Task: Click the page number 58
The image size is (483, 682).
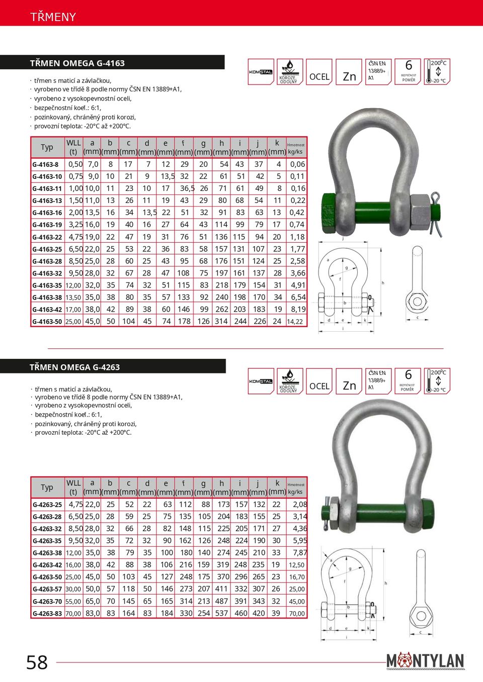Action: (x=37, y=662)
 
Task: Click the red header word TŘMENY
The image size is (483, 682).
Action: (x=53, y=17)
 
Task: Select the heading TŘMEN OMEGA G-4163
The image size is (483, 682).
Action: (x=77, y=63)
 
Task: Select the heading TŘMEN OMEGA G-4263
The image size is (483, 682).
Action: (x=75, y=367)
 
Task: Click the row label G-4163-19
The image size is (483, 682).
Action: (x=47, y=225)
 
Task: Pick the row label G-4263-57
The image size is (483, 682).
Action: (x=47, y=589)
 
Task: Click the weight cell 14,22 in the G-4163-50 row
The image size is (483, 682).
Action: (x=295, y=322)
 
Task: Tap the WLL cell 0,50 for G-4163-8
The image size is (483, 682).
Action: (x=75, y=164)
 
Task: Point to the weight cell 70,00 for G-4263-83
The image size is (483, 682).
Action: (x=296, y=614)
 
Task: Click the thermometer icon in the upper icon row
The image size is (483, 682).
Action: (x=437, y=72)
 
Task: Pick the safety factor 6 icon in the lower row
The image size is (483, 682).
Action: (x=408, y=380)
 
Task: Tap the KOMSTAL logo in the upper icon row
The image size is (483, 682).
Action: (x=261, y=72)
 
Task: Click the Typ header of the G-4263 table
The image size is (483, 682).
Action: (x=47, y=488)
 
